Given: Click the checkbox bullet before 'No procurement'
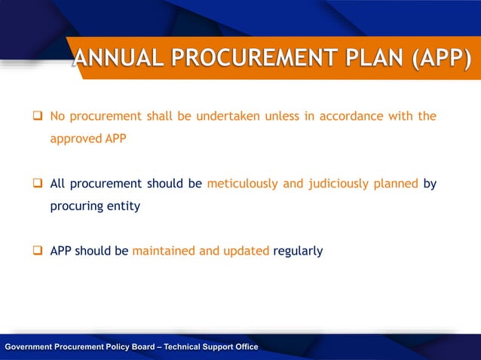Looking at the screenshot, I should click(35, 117).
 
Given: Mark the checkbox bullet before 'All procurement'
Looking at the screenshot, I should click(35, 184).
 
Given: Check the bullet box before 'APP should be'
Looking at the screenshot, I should click(35, 251).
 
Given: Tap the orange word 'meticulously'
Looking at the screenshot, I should click(243, 184).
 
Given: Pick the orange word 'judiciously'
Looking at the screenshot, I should click(326, 184).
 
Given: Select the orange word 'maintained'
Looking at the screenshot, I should click(164, 251).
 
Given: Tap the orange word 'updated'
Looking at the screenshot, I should click(246, 251).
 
